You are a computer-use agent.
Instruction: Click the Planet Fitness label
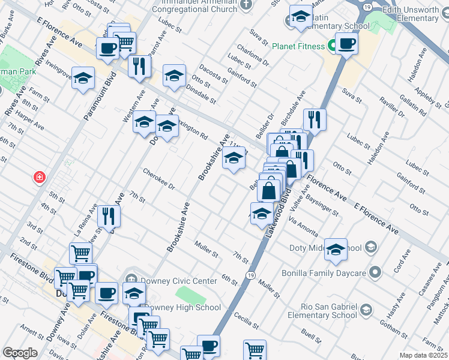coord(298,46)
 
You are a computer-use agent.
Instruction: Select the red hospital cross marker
coord(39,178)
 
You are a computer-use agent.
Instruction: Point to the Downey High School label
coord(184,307)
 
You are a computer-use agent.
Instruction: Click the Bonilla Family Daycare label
coord(324,274)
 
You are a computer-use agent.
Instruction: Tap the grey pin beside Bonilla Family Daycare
coord(375,273)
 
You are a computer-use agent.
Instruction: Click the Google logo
coord(20,353)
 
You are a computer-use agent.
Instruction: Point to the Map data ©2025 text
coord(424,355)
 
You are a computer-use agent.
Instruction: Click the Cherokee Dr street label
coord(158,179)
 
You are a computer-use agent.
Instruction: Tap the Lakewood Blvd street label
coord(278,213)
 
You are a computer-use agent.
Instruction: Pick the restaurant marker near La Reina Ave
coord(109,216)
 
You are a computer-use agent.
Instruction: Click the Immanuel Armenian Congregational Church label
coord(196,6)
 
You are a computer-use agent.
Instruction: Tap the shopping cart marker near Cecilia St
coord(255,350)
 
